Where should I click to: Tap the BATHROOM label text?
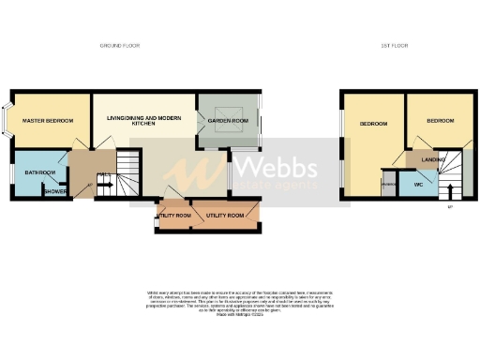point(40,173)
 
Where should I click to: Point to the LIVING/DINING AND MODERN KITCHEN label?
point(142,121)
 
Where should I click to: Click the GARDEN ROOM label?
point(227,120)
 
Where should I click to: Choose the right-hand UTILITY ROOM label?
point(225,216)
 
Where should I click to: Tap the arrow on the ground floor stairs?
point(105,186)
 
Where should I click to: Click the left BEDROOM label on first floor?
point(373,123)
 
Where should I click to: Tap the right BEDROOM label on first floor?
point(440,121)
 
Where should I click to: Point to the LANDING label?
point(433,159)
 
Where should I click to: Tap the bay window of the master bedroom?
point(7,119)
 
